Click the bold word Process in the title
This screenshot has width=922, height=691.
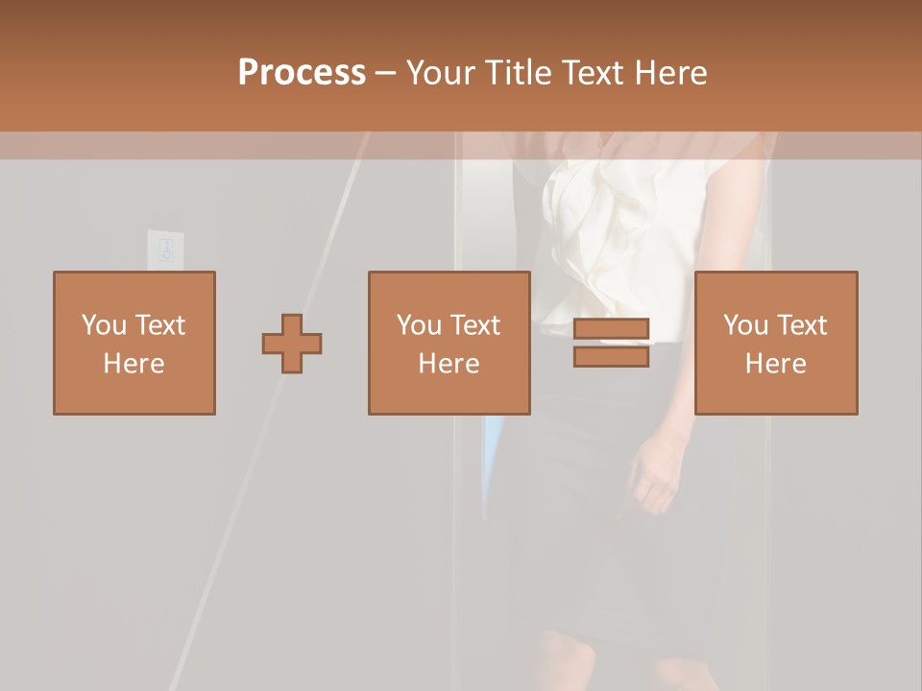(302, 73)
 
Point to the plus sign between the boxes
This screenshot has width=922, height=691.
(292, 343)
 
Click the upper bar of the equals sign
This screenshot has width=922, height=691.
(611, 329)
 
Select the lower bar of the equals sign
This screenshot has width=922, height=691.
(611, 356)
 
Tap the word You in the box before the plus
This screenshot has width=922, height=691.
(104, 324)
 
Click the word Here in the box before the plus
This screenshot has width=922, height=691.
(134, 364)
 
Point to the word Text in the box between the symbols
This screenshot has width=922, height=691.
(476, 324)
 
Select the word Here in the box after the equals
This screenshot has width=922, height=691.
(776, 364)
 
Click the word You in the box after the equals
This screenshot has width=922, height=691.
(746, 324)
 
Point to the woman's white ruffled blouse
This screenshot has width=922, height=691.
(615, 230)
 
